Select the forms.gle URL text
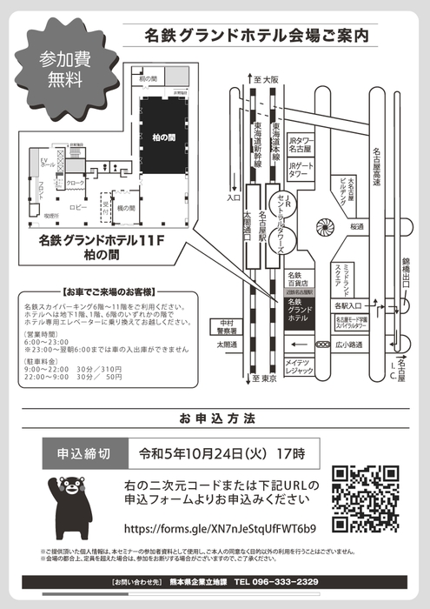220,528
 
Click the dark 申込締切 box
83,453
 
